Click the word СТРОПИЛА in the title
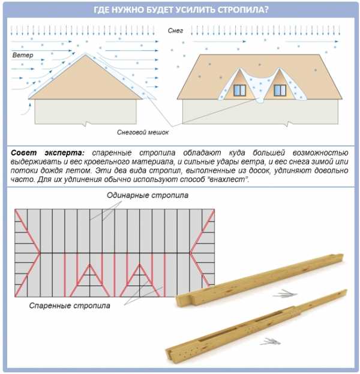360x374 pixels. tap(239, 10)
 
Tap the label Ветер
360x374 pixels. tap(22, 55)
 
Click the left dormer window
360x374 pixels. tap(239, 90)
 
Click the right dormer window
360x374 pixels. tap(280, 90)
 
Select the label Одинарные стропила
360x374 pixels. tap(148, 196)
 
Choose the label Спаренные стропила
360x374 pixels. tap(70, 305)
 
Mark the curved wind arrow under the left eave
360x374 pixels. tap(25, 106)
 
